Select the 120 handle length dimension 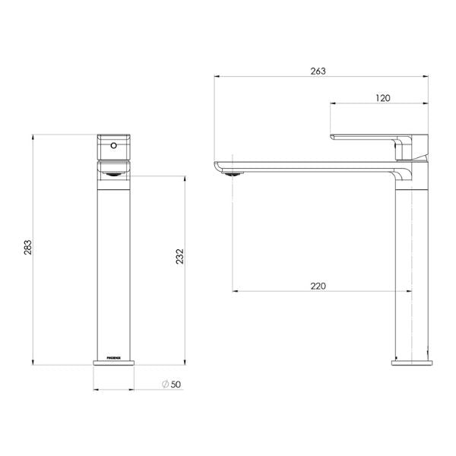click(x=382, y=98)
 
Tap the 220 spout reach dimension click(x=318, y=286)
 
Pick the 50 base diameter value click(x=176, y=385)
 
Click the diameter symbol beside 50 click(x=164, y=385)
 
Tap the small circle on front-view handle click(x=114, y=144)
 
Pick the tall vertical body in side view click(x=410, y=266)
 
